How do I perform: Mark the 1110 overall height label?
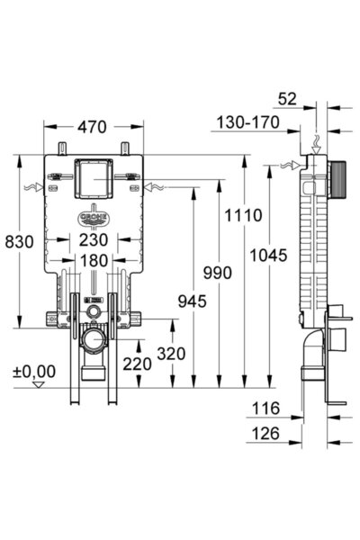point(244,215)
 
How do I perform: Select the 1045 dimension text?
point(269,255)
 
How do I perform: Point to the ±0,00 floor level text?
point(34,371)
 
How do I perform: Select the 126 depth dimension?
point(267,434)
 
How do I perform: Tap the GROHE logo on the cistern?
point(94,219)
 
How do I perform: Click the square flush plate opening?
point(93,180)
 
